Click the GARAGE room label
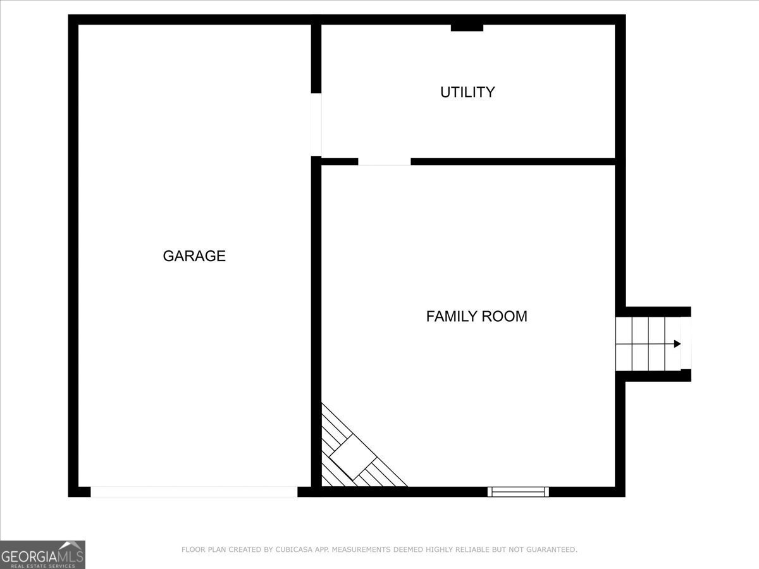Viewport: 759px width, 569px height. [x=194, y=256]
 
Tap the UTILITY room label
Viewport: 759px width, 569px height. [x=467, y=92]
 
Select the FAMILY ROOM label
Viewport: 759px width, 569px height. [x=476, y=316]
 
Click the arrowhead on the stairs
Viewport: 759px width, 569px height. [x=677, y=344]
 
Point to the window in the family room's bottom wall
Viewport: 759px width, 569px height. [x=518, y=491]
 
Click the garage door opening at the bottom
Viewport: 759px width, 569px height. [x=194, y=491]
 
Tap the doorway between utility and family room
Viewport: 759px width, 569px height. [x=384, y=162]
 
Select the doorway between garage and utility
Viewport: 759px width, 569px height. [x=316, y=125]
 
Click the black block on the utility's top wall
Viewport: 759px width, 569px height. [x=467, y=27]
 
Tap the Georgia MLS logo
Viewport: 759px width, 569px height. [x=42, y=554]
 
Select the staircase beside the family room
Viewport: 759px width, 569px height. [x=648, y=344]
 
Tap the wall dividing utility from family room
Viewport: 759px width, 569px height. [x=512, y=162]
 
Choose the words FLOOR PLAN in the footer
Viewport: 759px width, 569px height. [x=202, y=550]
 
